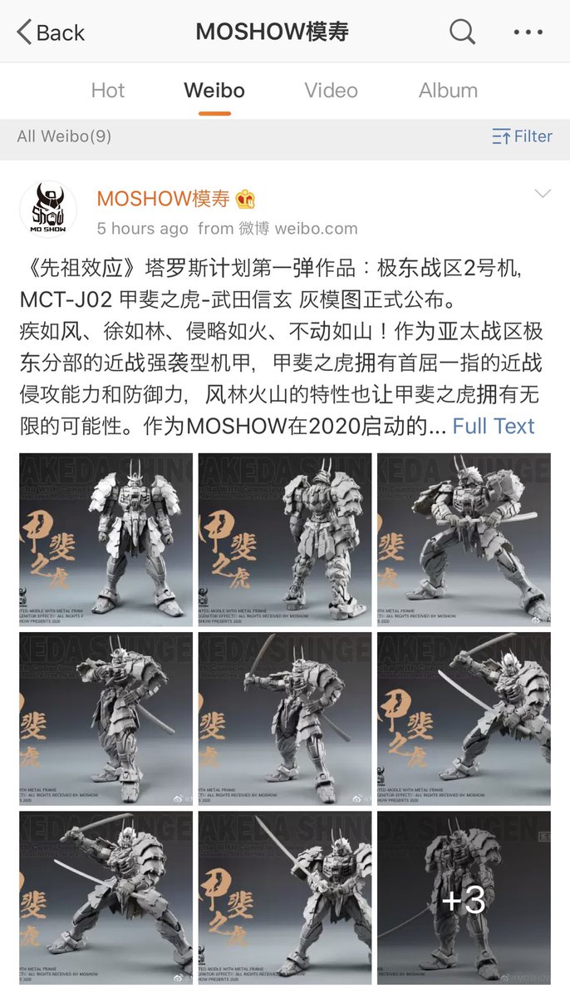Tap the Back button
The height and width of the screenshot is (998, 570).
[x=51, y=32]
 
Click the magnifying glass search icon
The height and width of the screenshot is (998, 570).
[x=462, y=32]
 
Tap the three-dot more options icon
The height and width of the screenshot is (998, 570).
[x=528, y=32]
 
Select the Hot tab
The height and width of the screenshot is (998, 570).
[x=108, y=91]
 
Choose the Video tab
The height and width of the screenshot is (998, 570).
[x=331, y=91]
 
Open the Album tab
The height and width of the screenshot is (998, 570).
[x=448, y=91]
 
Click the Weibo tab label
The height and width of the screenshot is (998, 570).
[x=214, y=91]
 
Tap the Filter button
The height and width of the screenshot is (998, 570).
[x=522, y=136]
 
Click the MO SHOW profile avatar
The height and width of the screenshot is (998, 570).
[x=48, y=209]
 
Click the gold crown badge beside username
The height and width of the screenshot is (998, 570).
[x=245, y=200]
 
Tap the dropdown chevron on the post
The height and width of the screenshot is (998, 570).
[x=543, y=194]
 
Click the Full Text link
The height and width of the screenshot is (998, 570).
[x=494, y=426]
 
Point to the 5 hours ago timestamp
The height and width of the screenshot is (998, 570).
[x=142, y=228]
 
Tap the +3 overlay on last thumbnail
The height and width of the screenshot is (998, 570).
[x=464, y=901]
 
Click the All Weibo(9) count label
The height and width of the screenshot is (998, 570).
[x=64, y=136]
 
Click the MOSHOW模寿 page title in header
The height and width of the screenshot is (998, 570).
[x=272, y=32]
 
